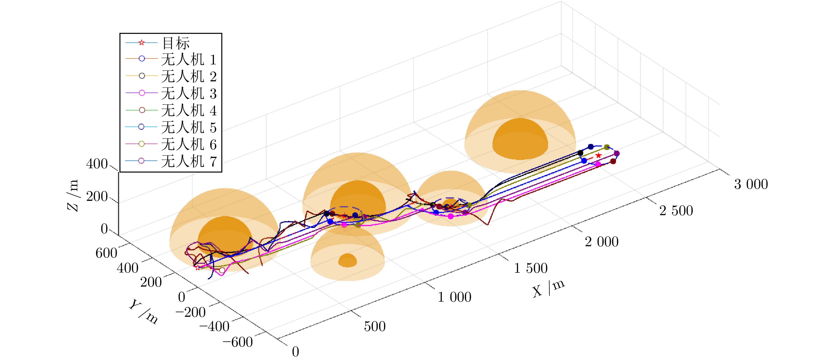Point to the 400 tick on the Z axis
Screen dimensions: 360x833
click(x=97, y=164)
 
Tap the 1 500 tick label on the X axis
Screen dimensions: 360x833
click(x=531, y=268)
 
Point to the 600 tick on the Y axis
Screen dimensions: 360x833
click(x=106, y=253)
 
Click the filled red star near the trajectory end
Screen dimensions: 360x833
click(x=599, y=156)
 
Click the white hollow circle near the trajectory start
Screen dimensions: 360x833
click(x=222, y=270)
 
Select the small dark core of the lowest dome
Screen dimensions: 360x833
click(x=347, y=260)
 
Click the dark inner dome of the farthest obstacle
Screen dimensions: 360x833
click(x=520, y=139)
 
